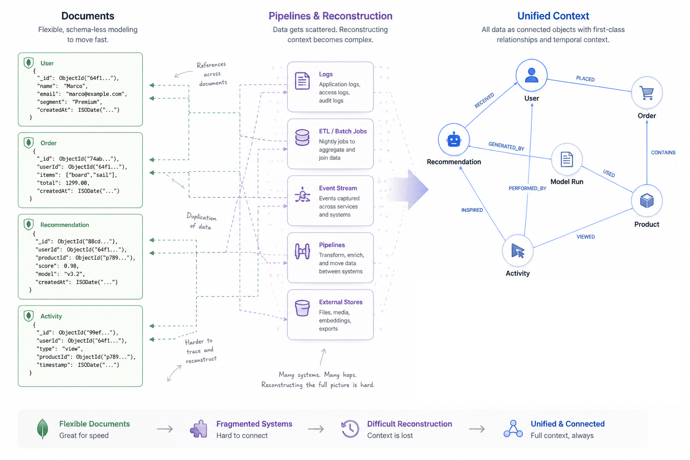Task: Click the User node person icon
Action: click(x=531, y=75)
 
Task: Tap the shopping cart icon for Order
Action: click(x=647, y=93)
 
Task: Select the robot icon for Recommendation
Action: click(x=454, y=140)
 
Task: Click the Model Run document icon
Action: click(x=566, y=159)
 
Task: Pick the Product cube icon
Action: click(x=646, y=200)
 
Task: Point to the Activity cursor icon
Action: click(x=517, y=251)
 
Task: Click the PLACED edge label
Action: click(x=585, y=79)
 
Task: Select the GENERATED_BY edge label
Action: click(x=506, y=146)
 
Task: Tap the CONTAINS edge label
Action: click(x=663, y=153)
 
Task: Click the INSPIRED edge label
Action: click(x=472, y=210)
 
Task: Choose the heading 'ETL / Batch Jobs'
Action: click(x=343, y=131)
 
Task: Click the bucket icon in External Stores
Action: click(x=302, y=308)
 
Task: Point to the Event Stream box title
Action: click(x=338, y=188)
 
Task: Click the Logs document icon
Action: click(x=302, y=81)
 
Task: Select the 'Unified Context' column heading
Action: click(x=553, y=16)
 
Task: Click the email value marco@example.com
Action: click(x=96, y=94)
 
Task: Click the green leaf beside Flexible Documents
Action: click(x=42, y=429)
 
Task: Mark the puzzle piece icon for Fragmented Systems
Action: click(x=199, y=429)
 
